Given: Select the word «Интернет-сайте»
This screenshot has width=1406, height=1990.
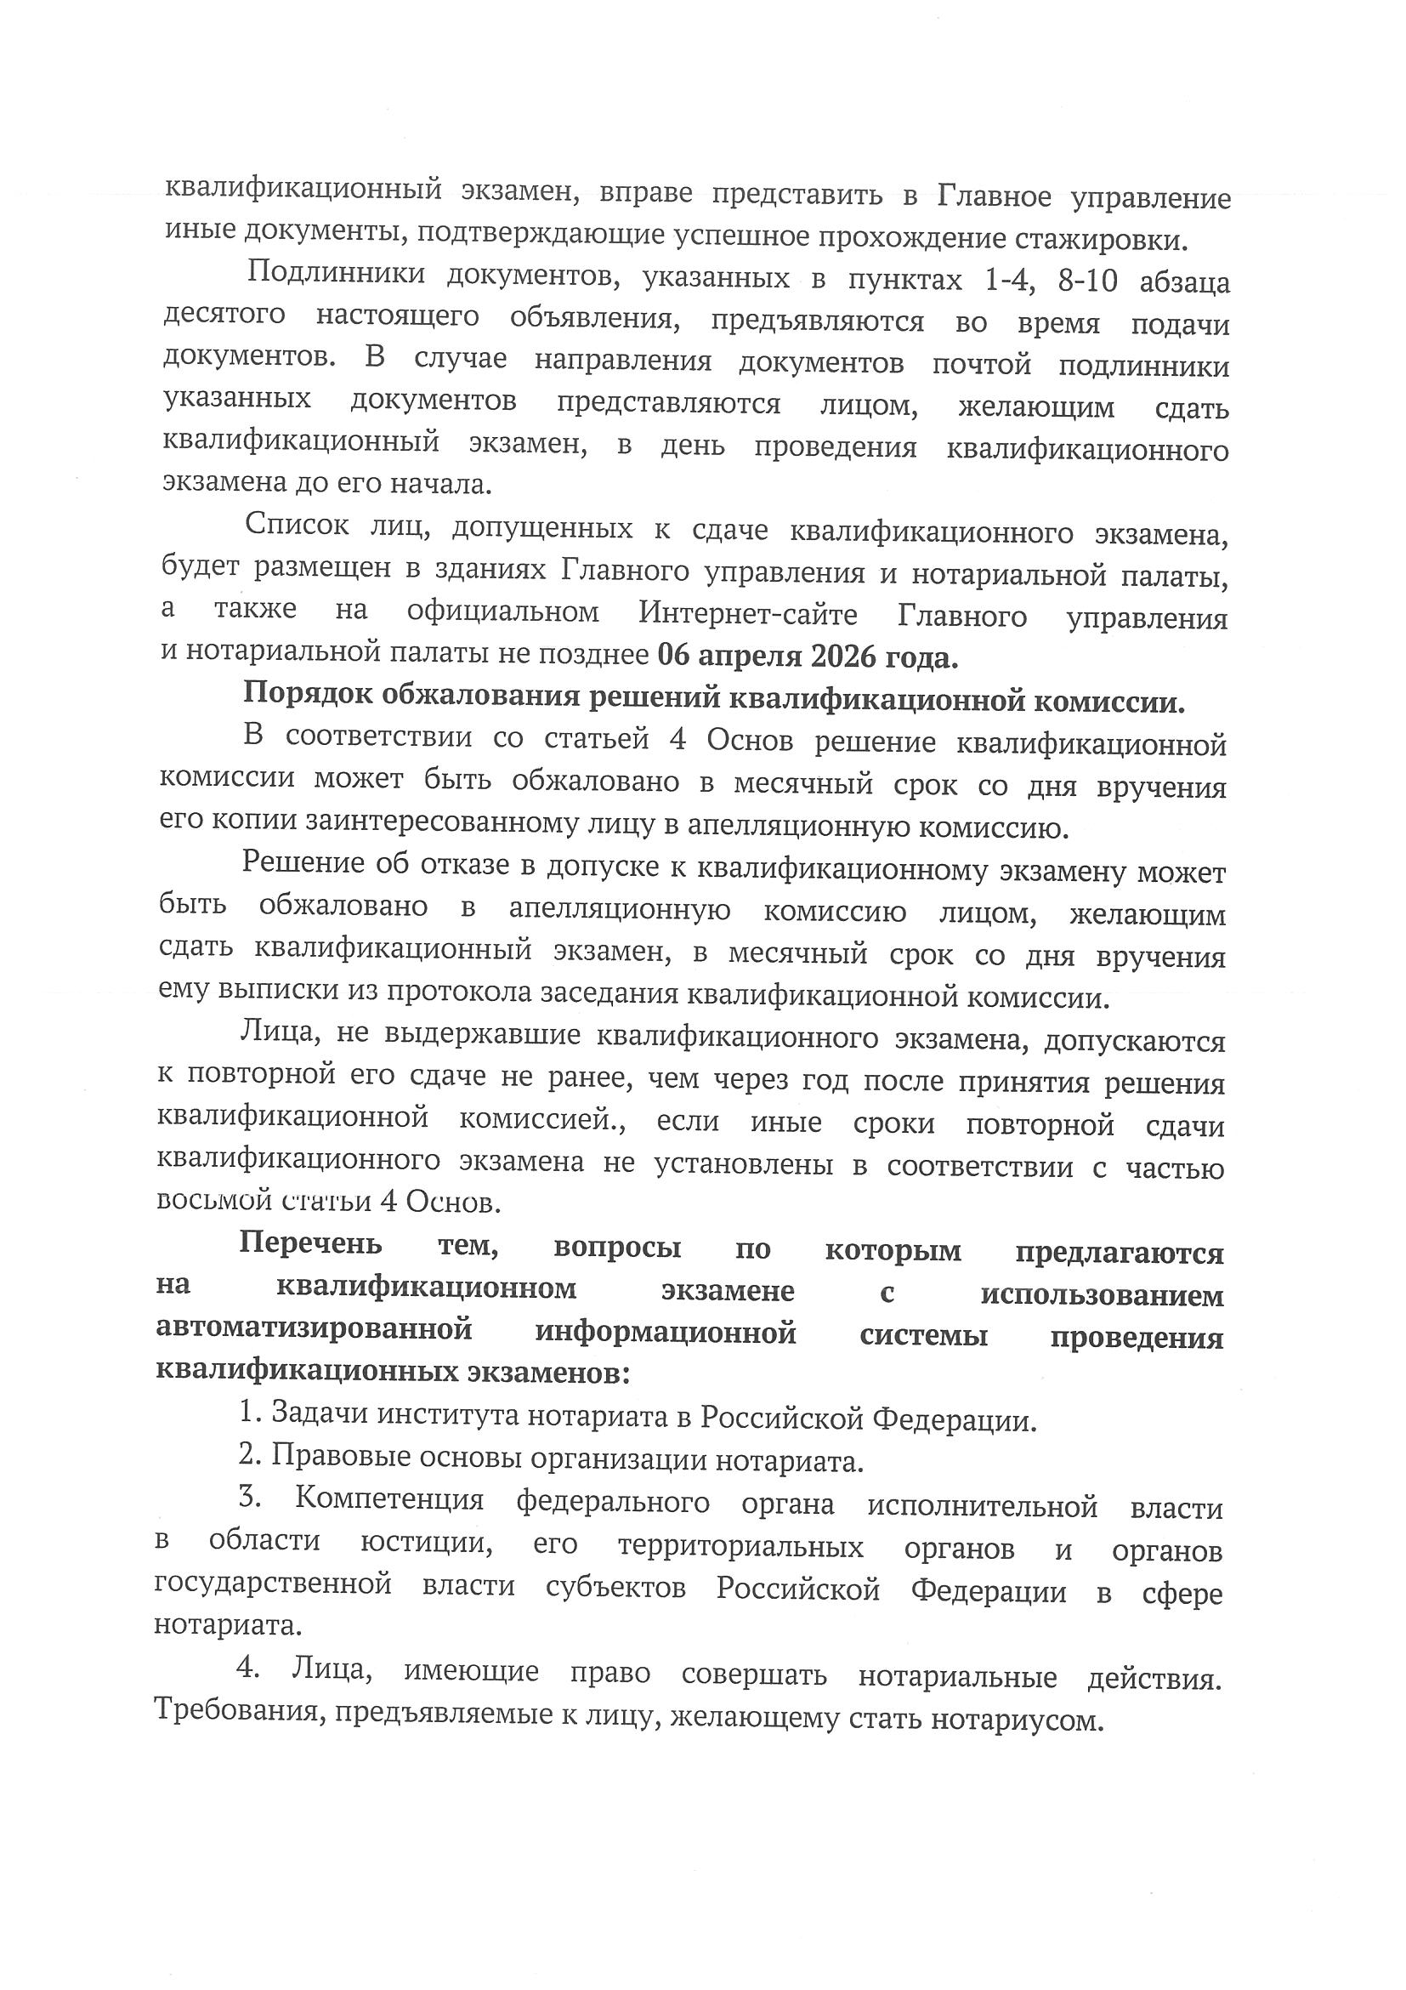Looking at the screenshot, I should tap(749, 615).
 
